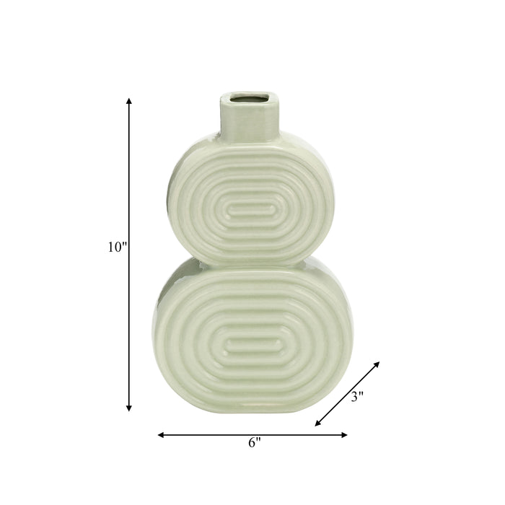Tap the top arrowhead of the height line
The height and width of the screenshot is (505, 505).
click(x=129, y=101)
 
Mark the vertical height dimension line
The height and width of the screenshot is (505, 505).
click(x=129, y=303)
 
